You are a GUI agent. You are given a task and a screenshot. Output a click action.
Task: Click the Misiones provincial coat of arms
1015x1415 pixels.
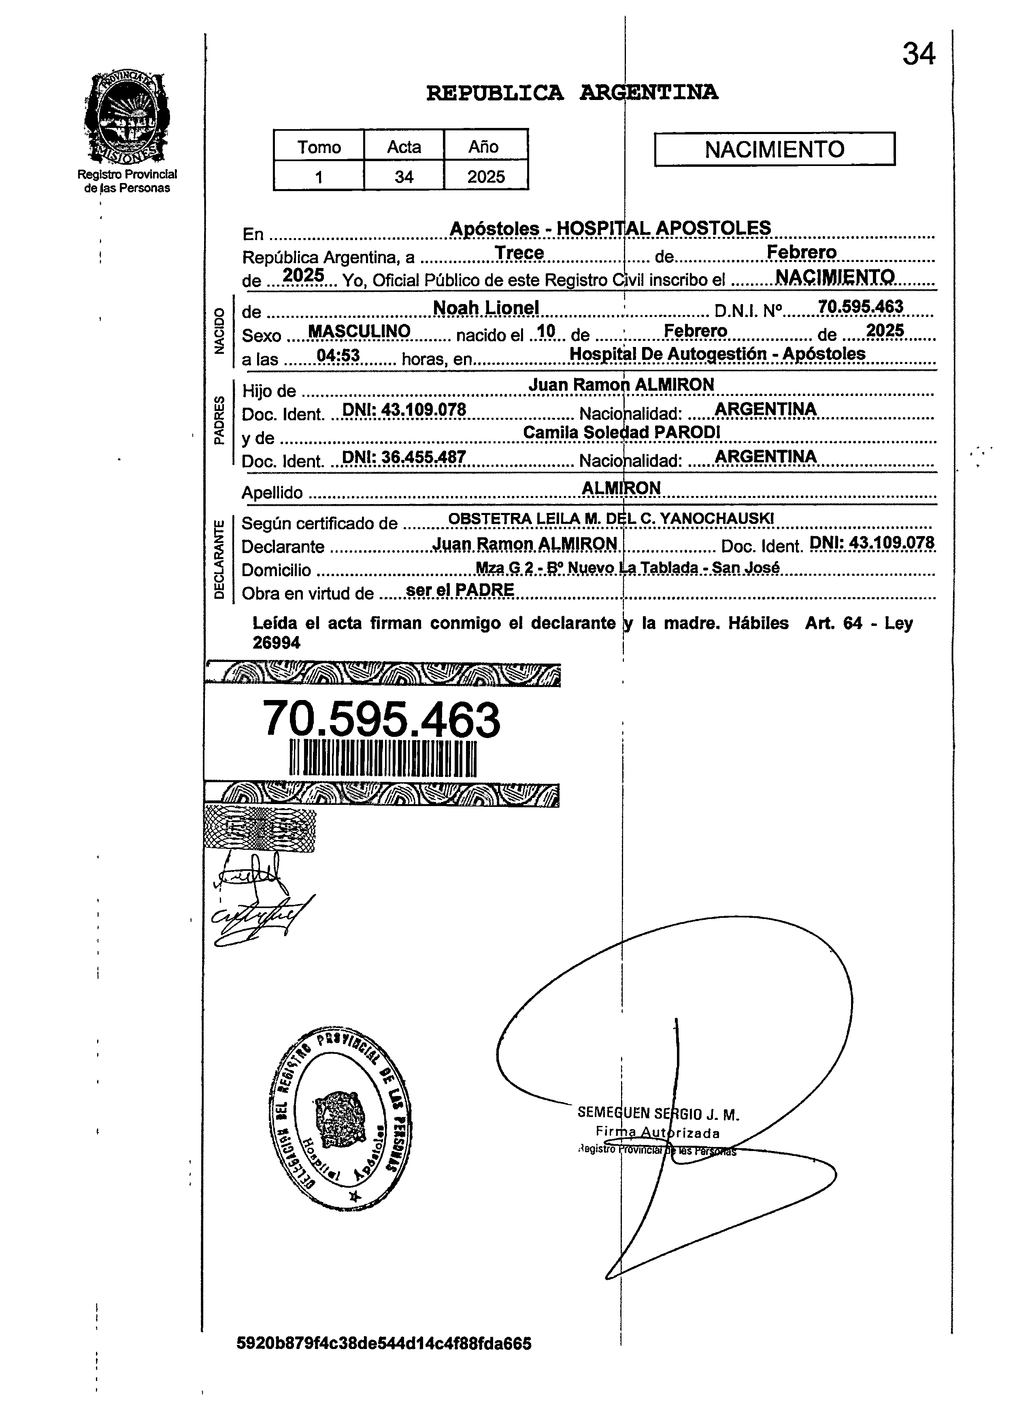pos(127,117)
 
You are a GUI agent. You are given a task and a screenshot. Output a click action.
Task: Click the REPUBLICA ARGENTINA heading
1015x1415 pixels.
pos(571,93)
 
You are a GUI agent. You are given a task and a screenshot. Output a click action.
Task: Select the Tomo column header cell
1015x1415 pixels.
pos(319,147)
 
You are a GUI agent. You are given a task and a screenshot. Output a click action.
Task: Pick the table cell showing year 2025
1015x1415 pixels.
pos(486,177)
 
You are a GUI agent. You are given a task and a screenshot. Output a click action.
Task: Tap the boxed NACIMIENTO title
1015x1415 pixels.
pos(774,149)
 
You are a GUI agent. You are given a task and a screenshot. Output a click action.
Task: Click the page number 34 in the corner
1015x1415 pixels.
pos(918,55)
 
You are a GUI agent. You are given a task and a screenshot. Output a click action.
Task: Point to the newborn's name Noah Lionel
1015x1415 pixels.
pos(486,308)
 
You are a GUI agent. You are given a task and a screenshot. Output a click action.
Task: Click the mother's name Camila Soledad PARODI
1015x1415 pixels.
pos(621,432)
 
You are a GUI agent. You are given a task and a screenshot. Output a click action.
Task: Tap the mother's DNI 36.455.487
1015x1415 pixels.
pos(404,457)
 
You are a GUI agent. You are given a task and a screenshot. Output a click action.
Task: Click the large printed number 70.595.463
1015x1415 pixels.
pos(381,719)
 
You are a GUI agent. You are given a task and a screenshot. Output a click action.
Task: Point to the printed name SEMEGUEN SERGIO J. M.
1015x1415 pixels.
pos(658,1114)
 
